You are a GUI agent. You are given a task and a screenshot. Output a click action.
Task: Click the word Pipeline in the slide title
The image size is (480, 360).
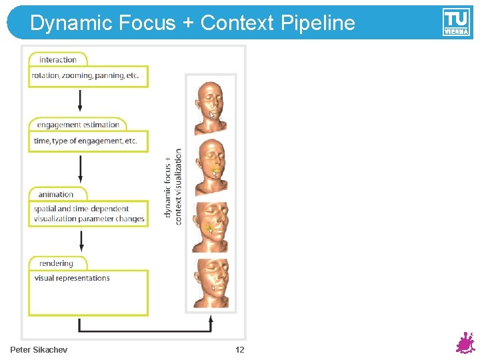[318, 24]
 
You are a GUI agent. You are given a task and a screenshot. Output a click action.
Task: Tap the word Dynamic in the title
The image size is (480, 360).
[71, 23]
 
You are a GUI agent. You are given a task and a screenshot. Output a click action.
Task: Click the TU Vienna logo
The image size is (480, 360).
[456, 22]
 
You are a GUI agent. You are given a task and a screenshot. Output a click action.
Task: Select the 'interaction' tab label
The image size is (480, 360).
[57, 59]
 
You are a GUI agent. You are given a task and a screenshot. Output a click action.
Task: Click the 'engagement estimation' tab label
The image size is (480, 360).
[78, 125]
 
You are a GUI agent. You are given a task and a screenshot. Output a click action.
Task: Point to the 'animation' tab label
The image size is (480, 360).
[56, 194]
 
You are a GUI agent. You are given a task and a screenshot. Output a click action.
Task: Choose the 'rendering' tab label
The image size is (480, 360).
[56, 263]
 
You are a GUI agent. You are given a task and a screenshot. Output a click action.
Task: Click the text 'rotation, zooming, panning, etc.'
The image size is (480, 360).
[85, 75]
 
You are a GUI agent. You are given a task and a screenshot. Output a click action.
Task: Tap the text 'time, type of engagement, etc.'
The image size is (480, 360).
[85, 141]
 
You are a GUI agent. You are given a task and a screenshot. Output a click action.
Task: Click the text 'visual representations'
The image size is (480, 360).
[72, 278]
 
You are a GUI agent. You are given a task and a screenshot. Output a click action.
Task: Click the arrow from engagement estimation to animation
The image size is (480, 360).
[81, 169]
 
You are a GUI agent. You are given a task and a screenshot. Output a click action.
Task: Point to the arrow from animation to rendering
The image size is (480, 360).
[81, 240]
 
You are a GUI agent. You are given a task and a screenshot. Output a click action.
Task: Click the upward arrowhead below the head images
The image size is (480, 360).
[211, 320]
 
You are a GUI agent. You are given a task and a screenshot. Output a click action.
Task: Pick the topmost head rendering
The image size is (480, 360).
[211, 106]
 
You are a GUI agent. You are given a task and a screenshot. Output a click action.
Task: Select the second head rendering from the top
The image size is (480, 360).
[211, 167]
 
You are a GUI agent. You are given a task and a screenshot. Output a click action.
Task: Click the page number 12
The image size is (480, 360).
[240, 350]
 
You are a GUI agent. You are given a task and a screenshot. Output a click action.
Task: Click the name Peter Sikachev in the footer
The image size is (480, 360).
[39, 350]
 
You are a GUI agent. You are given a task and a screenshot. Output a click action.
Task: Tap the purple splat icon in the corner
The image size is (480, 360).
[464, 343]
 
